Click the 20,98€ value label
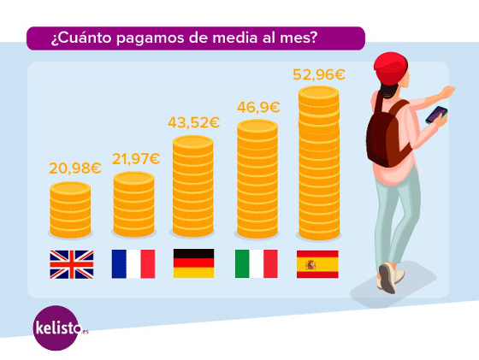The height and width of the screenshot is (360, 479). [x=74, y=168]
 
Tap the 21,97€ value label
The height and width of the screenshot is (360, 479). [x=135, y=158]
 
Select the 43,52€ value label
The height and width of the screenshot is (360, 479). [x=193, y=122]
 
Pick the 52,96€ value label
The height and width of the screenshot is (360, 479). [x=318, y=74]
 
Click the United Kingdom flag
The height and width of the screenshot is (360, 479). [x=71, y=263]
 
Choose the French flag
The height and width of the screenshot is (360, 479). [x=133, y=263]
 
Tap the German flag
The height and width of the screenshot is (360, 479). [x=194, y=263]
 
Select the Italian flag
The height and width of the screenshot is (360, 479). [x=256, y=263]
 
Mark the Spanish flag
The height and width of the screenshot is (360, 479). [x=317, y=263]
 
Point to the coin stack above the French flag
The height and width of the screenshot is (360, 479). [x=133, y=205]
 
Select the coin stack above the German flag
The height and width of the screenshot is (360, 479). [x=194, y=187]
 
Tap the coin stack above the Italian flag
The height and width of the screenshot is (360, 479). [x=257, y=180]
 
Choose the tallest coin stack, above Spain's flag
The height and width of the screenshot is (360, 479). [x=318, y=162]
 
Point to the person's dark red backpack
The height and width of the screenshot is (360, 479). [x=385, y=133]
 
